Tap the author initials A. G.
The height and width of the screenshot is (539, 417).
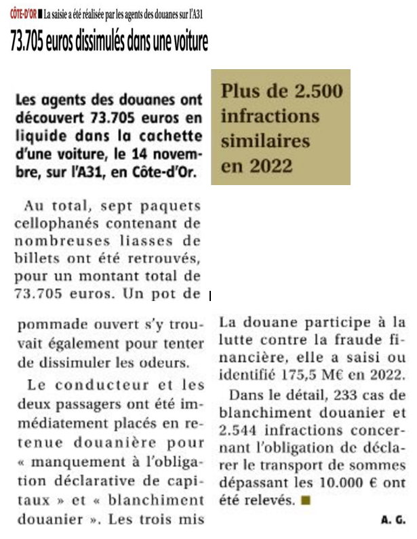click(393, 520)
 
